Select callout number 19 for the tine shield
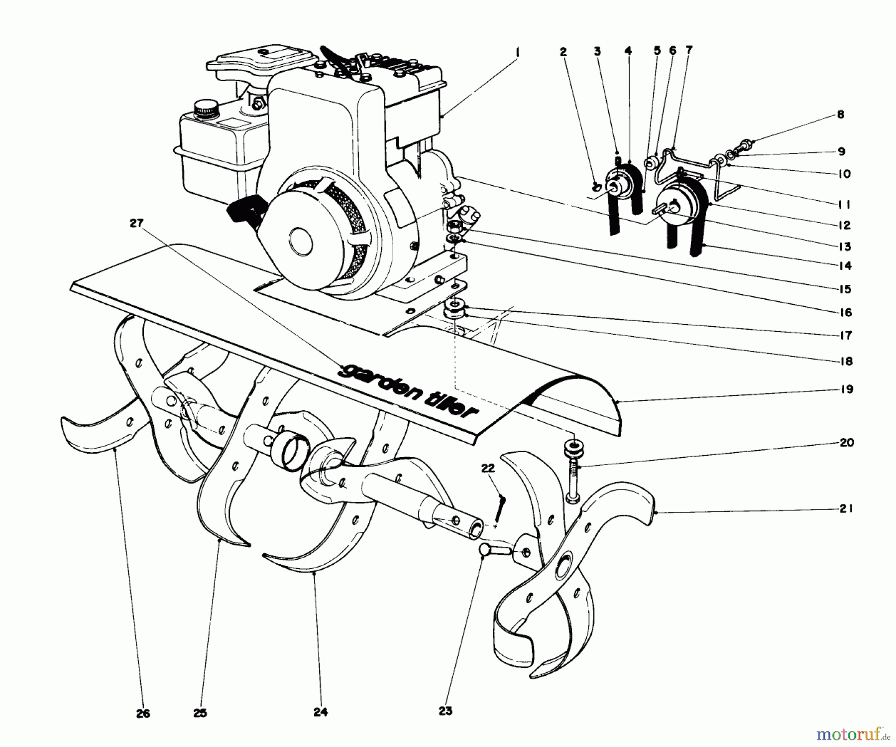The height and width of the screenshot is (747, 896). (847, 389)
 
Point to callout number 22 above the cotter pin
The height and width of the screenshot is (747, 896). (489, 468)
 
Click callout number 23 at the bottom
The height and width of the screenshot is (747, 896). (446, 711)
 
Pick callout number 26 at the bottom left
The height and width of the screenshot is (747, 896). (143, 713)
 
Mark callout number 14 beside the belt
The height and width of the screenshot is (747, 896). (845, 265)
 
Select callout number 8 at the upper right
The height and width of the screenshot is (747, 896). (840, 115)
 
